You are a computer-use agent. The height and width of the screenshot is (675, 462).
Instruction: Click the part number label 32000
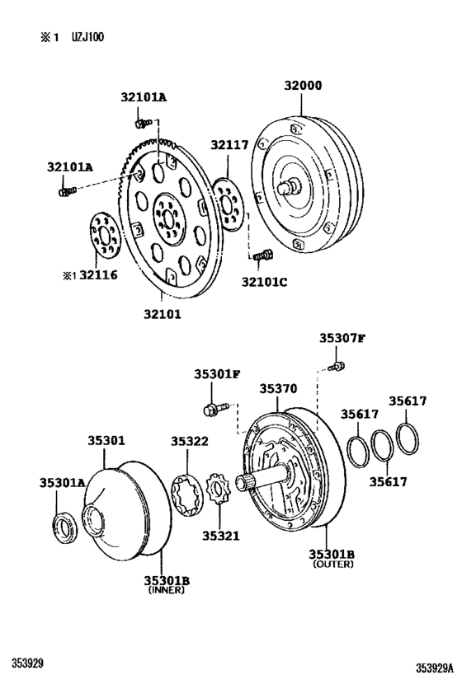[x=303, y=85]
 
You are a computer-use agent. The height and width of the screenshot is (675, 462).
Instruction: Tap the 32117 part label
[x=229, y=146]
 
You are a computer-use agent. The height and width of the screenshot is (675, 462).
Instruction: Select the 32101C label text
[x=265, y=283]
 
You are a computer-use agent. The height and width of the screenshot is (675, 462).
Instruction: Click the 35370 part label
[x=278, y=388]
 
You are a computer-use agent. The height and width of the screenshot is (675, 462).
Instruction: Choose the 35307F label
[x=342, y=338]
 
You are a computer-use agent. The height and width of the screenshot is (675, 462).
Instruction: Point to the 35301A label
[x=62, y=482]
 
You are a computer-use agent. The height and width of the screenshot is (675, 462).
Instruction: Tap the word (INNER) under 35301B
[x=167, y=591]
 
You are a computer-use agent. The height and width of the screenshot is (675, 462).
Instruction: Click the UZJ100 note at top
[x=87, y=38]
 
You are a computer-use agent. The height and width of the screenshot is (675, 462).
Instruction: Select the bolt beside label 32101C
[x=264, y=257]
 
